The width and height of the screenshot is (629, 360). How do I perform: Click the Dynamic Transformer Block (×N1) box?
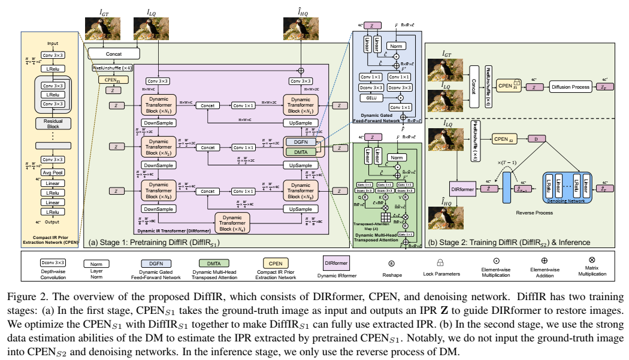[158, 104]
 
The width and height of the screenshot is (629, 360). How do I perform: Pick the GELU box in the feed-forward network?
[373, 97]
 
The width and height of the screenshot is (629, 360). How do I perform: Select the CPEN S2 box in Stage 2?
[504, 140]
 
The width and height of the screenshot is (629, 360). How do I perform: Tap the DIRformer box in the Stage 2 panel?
[464, 189]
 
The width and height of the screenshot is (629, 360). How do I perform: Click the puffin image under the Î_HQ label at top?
[301, 29]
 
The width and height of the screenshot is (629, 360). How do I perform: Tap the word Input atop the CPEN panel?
[52, 44]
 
